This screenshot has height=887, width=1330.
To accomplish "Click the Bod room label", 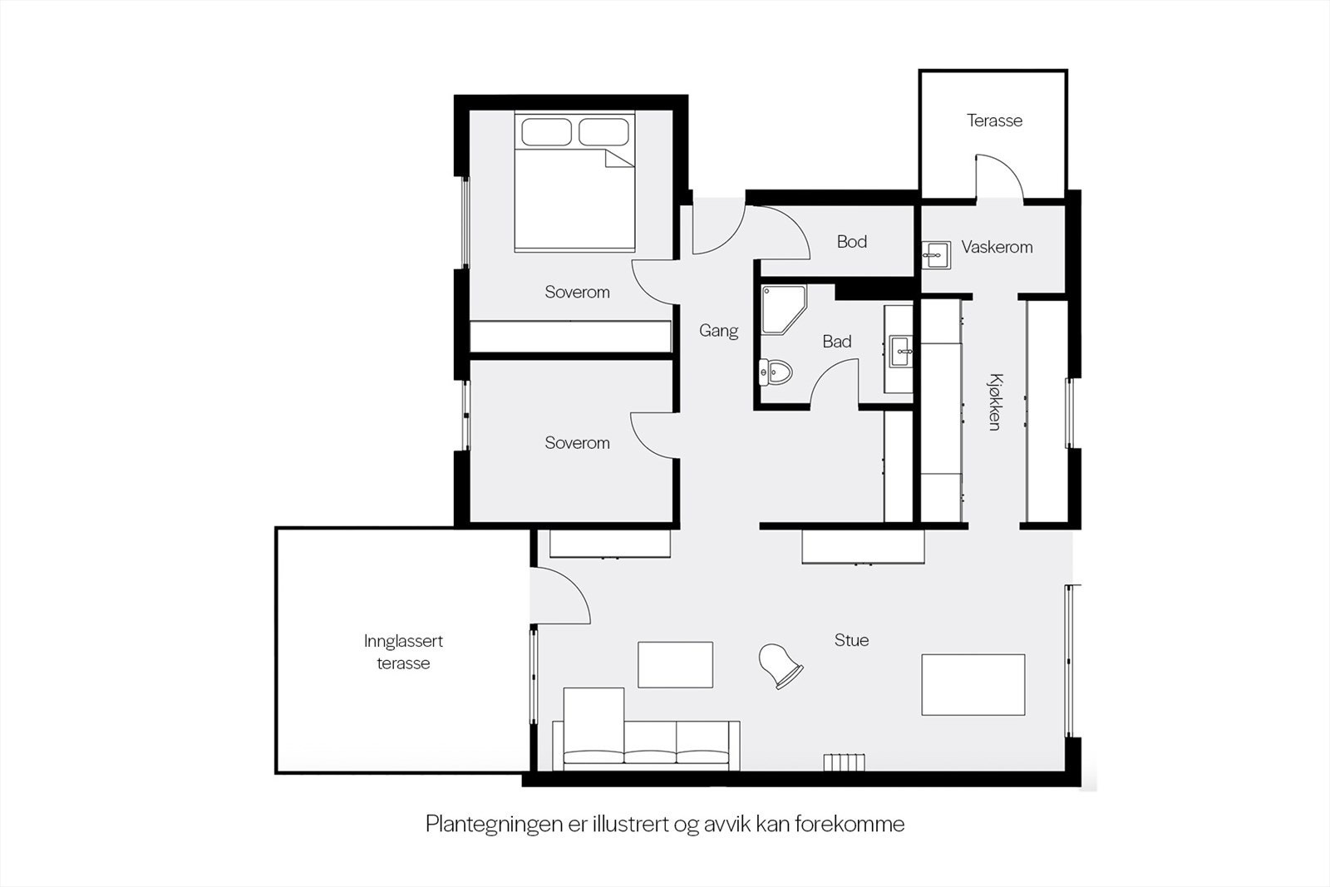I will click(x=852, y=242).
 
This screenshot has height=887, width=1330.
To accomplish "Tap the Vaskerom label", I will click(x=997, y=247).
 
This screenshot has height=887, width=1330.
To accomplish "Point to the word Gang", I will click(x=718, y=331).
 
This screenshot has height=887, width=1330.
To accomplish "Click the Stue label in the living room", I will click(x=851, y=640).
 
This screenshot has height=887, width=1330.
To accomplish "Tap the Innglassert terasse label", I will click(x=403, y=653).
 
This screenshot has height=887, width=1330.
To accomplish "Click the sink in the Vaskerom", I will click(x=936, y=254).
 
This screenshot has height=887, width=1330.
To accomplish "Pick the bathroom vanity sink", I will click(x=901, y=351).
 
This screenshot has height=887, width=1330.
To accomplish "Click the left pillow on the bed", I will click(x=545, y=132).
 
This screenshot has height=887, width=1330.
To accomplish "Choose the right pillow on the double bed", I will click(x=603, y=132).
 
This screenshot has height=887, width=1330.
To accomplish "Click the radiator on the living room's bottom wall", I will click(x=845, y=762).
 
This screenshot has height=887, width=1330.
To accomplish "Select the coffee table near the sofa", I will click(x=675, y=664).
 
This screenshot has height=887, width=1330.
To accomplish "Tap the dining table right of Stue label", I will click(x=973, y=684).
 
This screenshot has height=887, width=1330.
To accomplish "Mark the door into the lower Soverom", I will click(x=652, y=434).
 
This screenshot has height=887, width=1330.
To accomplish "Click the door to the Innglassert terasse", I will click(x=560, y=594).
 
